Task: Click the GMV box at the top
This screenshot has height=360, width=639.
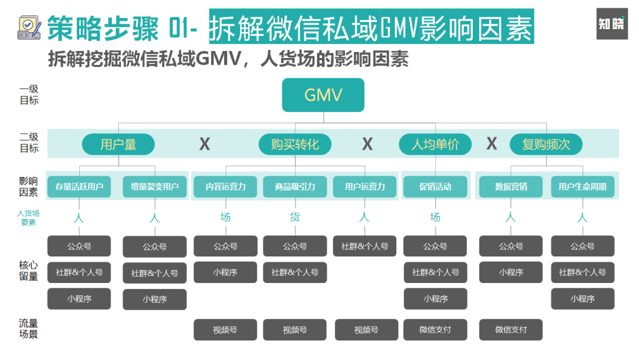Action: pos(323,95)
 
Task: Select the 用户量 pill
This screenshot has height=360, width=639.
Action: pos(118,144)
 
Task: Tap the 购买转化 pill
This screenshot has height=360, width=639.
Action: pos(295,144)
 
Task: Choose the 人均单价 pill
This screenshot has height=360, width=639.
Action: pos(435,144)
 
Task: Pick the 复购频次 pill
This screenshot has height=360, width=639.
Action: pos(546,144)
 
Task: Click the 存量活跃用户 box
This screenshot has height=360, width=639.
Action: pos(79,187)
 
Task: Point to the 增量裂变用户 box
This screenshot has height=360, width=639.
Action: pos(154,187)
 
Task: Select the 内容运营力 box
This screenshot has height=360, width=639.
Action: pos(225,187)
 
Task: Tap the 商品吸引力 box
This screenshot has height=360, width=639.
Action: pos(295,187)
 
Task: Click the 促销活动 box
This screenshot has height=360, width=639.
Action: pos(435,187)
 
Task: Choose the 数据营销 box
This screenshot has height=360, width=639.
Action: pos(511,187)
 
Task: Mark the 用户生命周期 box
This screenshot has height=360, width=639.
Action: pos(582,187)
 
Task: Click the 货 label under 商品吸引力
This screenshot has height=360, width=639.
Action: pos(295,217)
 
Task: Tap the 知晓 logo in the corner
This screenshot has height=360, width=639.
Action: pos(612,24)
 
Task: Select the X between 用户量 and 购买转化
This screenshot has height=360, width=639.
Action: pos(205,144)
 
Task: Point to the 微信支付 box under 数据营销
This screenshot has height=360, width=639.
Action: pos(511,330)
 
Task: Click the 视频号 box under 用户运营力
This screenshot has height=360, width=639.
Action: pos(366,330)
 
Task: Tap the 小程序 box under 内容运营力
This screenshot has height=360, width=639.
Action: pos(225,272)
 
